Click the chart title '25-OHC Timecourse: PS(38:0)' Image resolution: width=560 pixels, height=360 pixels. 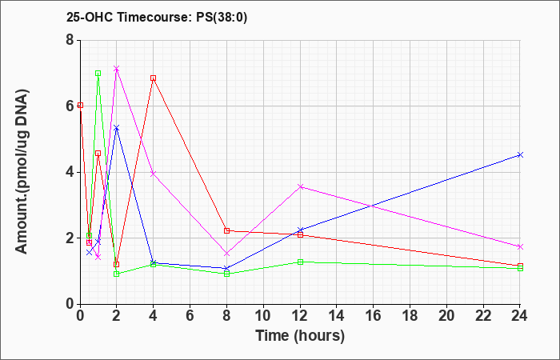157,18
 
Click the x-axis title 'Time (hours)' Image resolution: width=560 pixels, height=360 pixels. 300,336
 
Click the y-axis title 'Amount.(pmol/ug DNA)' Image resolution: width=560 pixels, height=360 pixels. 22,171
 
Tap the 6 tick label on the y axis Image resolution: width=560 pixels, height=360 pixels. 70,106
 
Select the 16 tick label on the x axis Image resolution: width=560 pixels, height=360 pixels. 374,315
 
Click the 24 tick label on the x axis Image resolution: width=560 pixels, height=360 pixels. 520,315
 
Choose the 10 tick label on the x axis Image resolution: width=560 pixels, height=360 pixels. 263,315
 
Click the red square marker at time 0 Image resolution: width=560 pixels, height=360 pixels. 80,106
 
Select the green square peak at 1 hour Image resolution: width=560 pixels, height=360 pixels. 98,74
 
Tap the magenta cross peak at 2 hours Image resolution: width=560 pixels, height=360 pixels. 117,68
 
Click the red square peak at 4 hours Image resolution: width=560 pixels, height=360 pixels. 154,78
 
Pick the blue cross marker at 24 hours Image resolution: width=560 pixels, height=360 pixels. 520,154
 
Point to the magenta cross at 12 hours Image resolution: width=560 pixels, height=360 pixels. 300,186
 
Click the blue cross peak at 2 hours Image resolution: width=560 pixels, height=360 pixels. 117,127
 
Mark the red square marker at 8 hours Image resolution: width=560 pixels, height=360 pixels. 226,230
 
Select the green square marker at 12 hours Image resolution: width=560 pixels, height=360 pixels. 300,262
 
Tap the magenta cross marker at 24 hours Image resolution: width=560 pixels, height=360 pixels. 520,246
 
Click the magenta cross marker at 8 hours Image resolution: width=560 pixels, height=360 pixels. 226,254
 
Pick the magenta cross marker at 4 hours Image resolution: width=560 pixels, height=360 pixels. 154,174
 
